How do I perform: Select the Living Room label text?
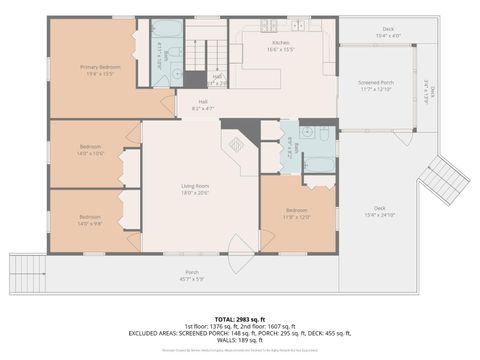pyautogui.click(x=194, y=189)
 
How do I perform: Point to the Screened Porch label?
pyautogui.click(x=376, y=86)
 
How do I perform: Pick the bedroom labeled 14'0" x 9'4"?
pyautogui.click(x=90, y=219)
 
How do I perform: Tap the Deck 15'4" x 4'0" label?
pyautogui.click(x=386, y=33)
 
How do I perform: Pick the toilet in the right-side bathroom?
pyautogui.click(x=306, y=132)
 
